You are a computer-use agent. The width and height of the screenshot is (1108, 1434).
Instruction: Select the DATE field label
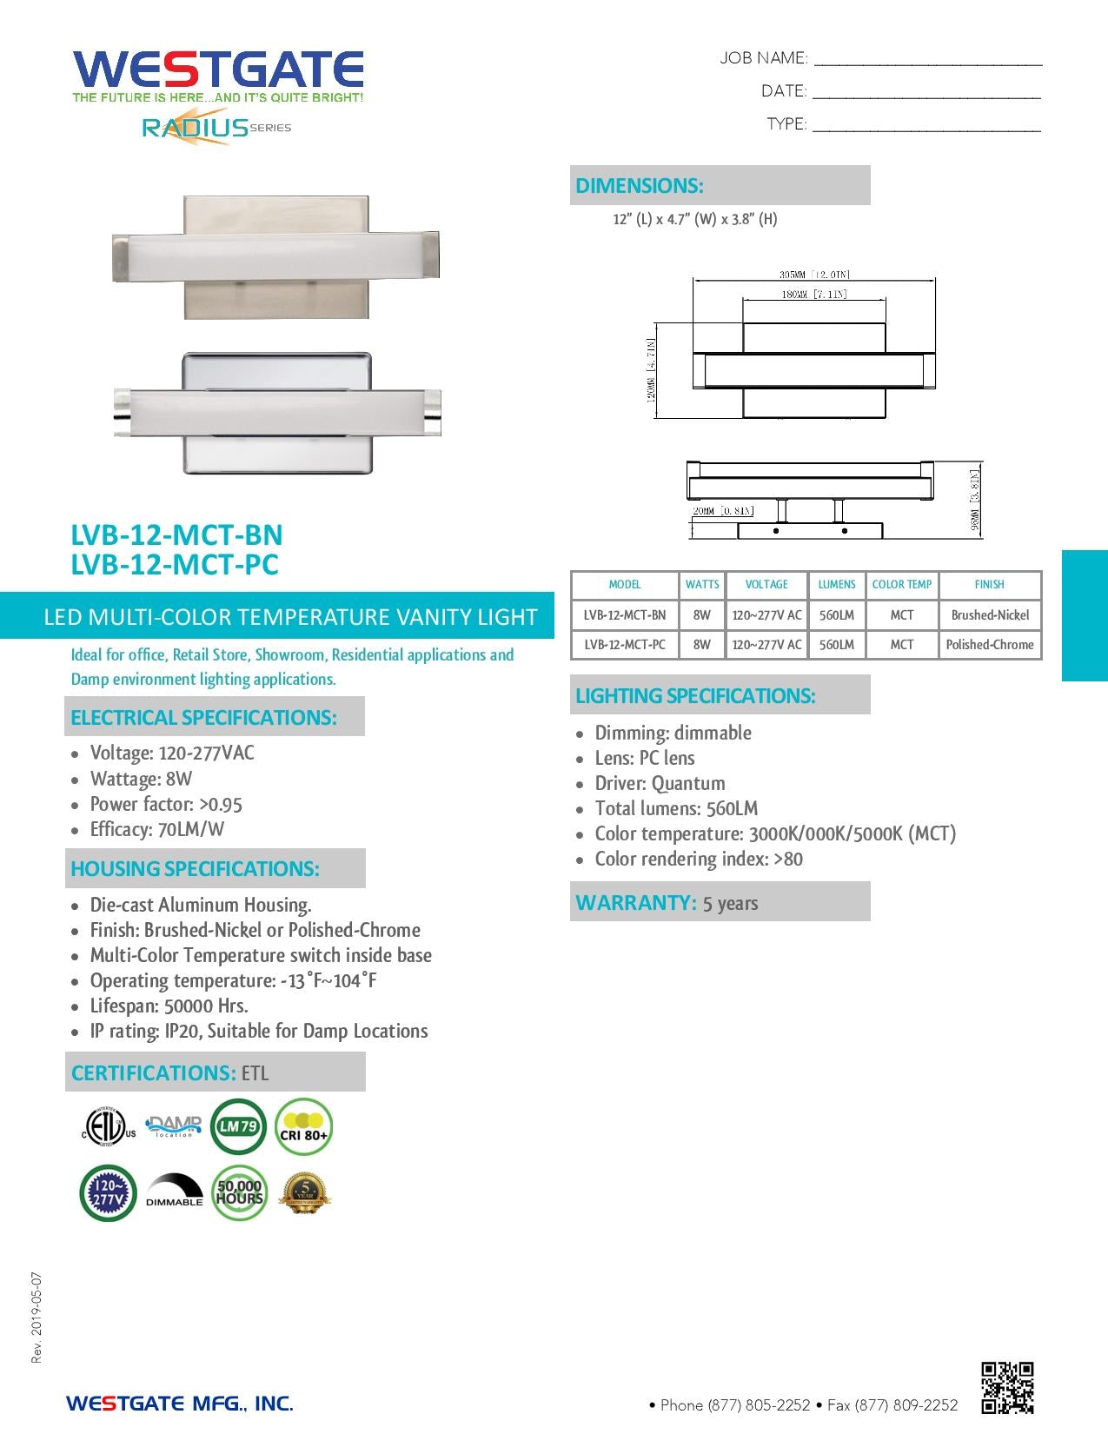pyautogui.click(x=783, y=91)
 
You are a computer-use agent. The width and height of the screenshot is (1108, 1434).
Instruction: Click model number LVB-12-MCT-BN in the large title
pyautogui.click(x=176, y=534)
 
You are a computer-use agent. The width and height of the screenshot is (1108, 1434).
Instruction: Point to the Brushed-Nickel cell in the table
pyautogui.click(x=989, y=615)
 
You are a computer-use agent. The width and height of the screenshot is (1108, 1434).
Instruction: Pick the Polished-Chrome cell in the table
pyautogui.click(x=989, y=645)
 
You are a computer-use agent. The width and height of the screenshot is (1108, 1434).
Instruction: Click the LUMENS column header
pyautogui.click(x=836, y=585)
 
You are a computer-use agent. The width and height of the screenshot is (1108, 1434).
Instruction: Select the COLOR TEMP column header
pyautogui.click(x=901, y=585)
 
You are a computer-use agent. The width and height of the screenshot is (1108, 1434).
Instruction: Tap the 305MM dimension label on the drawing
pyautogui.click(x=813, y=275)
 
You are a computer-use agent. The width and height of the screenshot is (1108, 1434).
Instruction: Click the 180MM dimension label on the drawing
pyautogui.click(x=813, y=295)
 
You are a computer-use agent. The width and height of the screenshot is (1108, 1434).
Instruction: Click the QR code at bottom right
pyautogui.click(x=1007, y=1388)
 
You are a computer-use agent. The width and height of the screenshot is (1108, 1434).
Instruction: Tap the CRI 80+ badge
pyautogui.click(x=303, y=1127)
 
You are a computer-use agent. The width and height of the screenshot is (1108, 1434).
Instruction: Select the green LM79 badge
pyautogui.click(x=238, y=1126)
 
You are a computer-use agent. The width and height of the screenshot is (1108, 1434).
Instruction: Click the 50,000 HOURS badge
pyautogui.click(x=239, y=1192)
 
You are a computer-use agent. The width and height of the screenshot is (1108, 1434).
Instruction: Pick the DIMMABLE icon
pyautogui.click(x=174, y=1192)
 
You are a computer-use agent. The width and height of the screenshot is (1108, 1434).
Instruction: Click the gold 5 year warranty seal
pyautogui.click(x=304, y=1192)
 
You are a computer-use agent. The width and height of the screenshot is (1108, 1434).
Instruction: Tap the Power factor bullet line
pyautogui.click(x=165, y=805)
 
